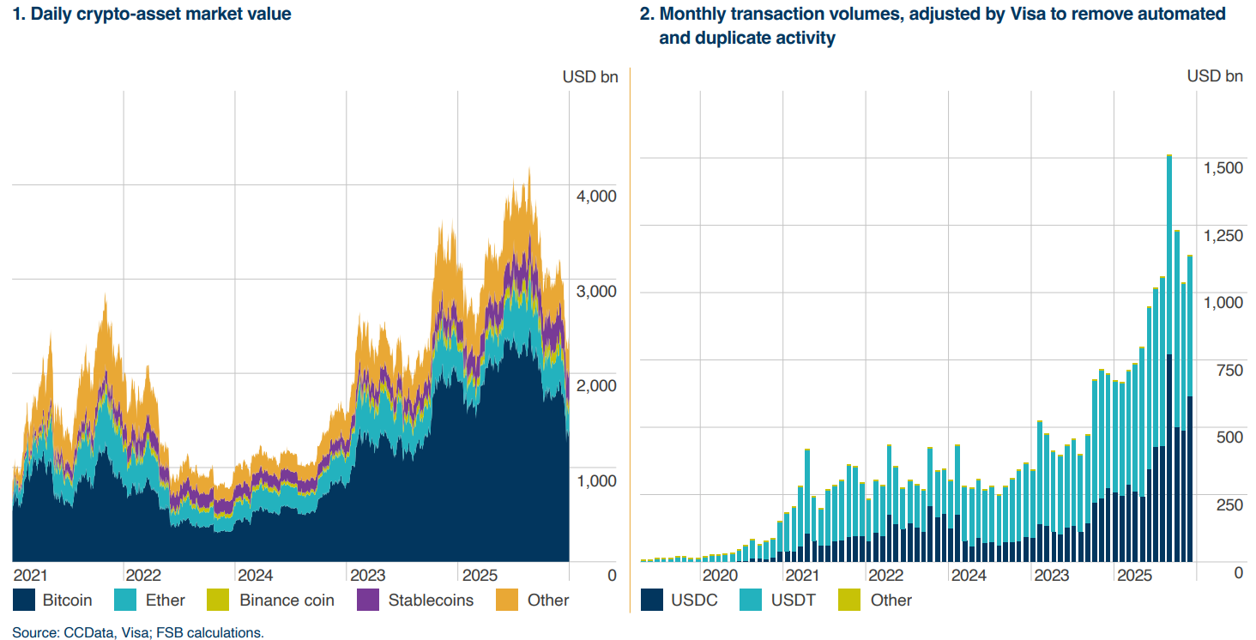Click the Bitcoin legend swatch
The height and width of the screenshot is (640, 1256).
[x=24, y=600]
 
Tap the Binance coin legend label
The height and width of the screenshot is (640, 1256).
[x=287, y=600]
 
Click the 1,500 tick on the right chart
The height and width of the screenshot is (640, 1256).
[x=1222, y=168]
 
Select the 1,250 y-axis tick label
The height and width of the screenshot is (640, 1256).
[x=1222, y=235]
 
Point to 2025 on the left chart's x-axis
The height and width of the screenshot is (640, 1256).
[x=480, y=574]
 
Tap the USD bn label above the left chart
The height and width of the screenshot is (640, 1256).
[x=589, y=76]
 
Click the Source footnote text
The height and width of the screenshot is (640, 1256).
[x=138, y=632]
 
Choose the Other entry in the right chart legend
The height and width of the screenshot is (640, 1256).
[x=891, y=600]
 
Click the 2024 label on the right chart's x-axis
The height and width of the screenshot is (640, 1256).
[x=968, y=574]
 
